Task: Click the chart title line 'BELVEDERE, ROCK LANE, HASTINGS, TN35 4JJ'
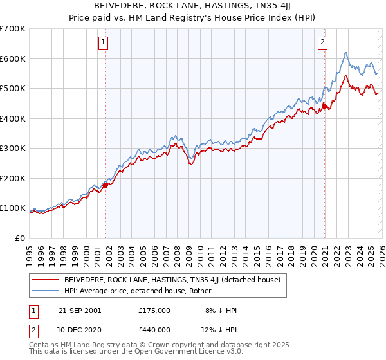[193, 6]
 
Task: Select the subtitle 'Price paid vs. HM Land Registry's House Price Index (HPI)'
[193, 17]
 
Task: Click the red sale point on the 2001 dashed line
[106, 185]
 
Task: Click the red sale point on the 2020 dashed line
[325, 106]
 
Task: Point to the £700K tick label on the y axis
[13, 29]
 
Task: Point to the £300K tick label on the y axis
[13, 148]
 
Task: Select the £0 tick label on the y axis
[19, 238]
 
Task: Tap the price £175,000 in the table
[154, 310]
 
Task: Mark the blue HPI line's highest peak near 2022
[346, 53]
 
